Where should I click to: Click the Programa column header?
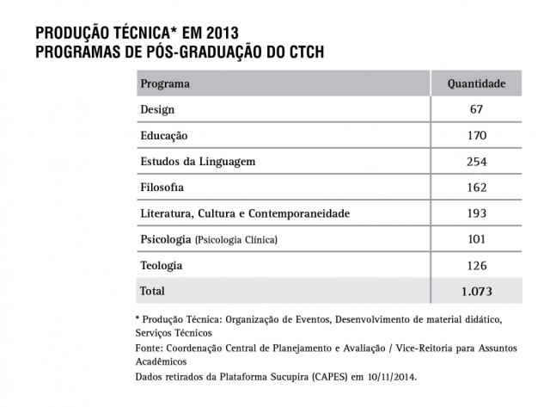[164, 85]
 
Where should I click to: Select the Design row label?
[157, 110]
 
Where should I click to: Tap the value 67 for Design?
[477, 110]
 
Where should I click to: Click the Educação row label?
[163, 136]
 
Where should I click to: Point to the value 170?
[477, 136]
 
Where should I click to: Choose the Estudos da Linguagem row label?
[198, 162]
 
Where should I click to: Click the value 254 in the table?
[477, 162]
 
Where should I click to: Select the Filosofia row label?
[162, 187]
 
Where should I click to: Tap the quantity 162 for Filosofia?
[477, 187]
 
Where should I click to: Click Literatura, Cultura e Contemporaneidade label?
[245, 213]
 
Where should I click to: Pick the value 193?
[477, 213]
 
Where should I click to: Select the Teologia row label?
[161, 265]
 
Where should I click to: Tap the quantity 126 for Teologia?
[477, 265]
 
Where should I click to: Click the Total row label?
[152, 291]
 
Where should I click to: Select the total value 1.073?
[477, 291]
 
